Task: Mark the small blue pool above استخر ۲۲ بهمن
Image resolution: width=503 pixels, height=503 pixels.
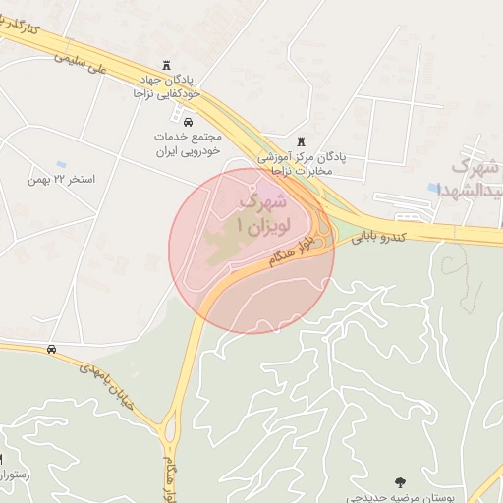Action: (61, 163)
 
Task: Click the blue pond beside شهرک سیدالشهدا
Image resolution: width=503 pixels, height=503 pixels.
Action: (434, 186)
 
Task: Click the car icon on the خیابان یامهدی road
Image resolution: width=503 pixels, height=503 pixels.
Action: (50, 350)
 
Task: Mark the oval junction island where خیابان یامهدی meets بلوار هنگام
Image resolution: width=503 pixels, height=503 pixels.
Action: (170, 429)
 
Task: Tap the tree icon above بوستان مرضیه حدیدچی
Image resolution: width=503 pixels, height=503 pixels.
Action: (400, 481)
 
